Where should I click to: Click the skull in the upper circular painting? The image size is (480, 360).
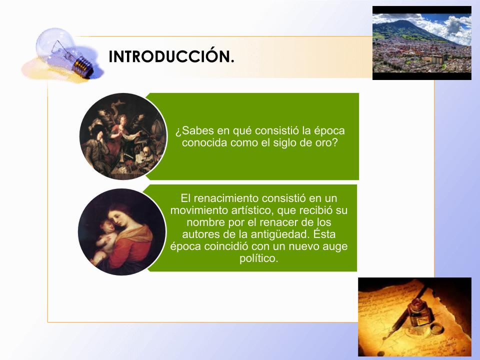coord(147,151)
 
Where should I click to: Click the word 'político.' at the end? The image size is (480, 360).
coord(258,258)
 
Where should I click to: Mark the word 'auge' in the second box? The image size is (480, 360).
coord(335,247)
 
